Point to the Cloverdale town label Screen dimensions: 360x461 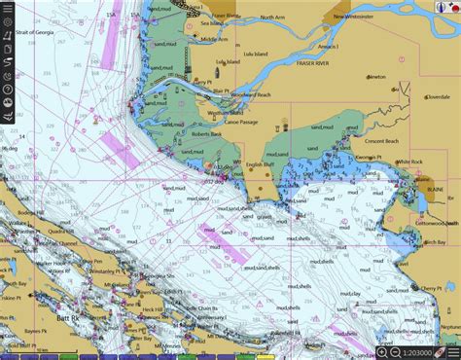pyautogui.click(x=437, y=97)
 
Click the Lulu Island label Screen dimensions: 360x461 pyautogui.click(x=228, y=62)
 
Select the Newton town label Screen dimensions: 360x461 pyautogui.click(x=375, y=76)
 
